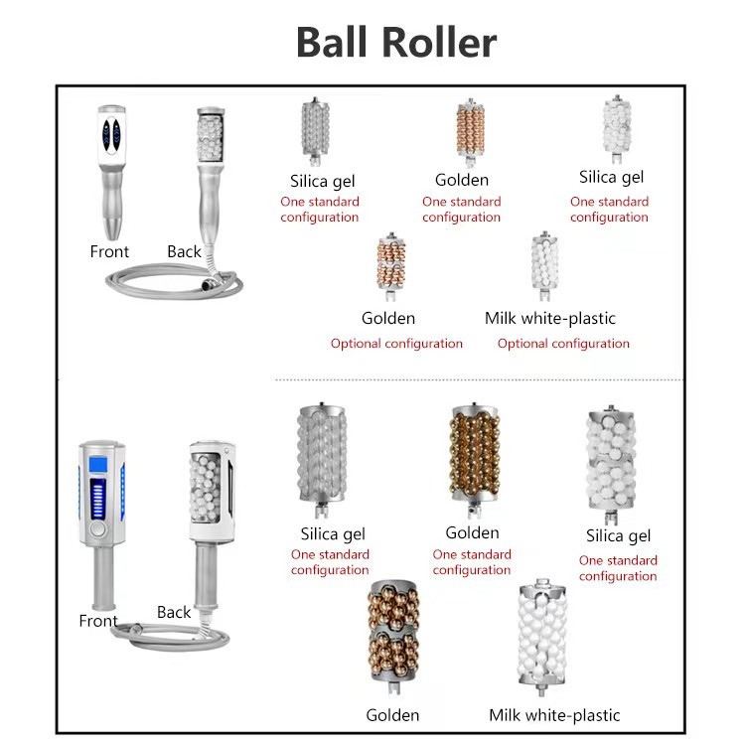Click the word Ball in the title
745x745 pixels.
click(x=332, y=43)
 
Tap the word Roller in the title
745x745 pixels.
click(x=439, y=43)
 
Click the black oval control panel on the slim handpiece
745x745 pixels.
click(x=112, y=135)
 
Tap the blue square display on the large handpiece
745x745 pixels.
click(x=98, y=464)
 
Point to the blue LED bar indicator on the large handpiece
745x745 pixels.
click(x=98, y=499)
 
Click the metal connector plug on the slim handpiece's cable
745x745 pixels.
click(x=208, y=285)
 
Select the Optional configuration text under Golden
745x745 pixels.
click(x=396, y=344)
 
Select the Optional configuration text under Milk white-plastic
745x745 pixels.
click(x=563, y=344)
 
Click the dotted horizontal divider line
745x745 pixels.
click(x=479, y=380)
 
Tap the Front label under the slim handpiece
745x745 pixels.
click(x=109, y=251)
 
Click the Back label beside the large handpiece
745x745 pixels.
click(x=174, y=612)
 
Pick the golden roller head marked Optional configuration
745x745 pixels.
click(x=391, y=266)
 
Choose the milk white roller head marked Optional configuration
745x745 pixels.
click(x=544, y=265)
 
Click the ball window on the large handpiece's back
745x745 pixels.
click(x=205, y=488)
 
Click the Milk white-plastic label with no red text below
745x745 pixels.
click(x=554, y=715)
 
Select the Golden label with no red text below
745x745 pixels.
click(x=392, y=715)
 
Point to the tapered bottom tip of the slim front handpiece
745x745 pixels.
click(x=112, y=229)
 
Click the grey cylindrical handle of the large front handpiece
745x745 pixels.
click(x=104, y=577)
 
